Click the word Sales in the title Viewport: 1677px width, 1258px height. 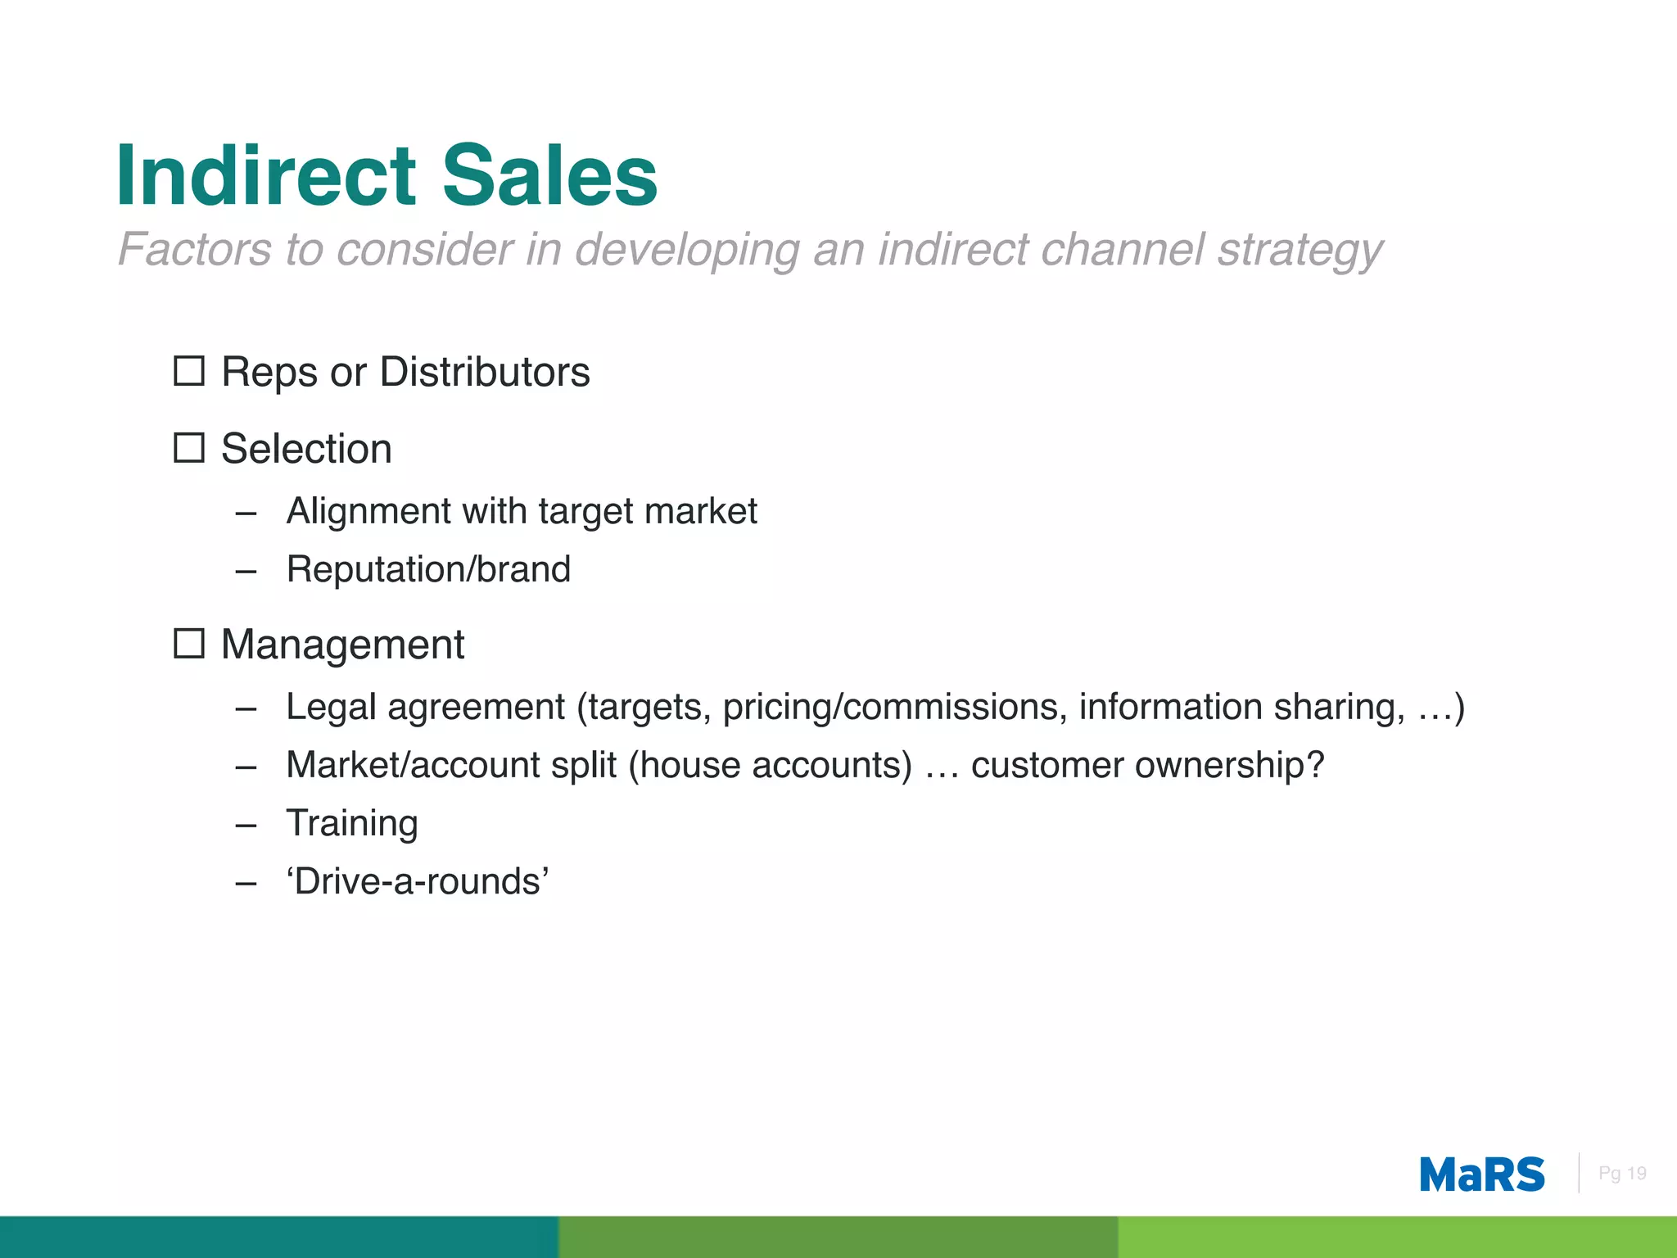click(549, 175)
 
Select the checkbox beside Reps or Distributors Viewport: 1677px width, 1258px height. click(189, 371)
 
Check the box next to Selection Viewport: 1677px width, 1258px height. click(189, 447)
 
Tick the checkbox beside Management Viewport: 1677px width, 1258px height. click(189, 644)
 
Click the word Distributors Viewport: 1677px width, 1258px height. click(485, 372)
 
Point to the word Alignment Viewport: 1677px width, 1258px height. click(368, 511)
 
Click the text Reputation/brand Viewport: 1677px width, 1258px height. click(428, 569)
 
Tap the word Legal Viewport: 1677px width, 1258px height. click(331, 707)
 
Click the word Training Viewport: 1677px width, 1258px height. click(352, 823)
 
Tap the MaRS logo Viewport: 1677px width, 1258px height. click(1481, 1174)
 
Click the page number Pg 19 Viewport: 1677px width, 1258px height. click(1622, 1174)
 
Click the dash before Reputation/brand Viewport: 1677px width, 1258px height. click(246, 571)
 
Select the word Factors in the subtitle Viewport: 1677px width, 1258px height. click(194, 249)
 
